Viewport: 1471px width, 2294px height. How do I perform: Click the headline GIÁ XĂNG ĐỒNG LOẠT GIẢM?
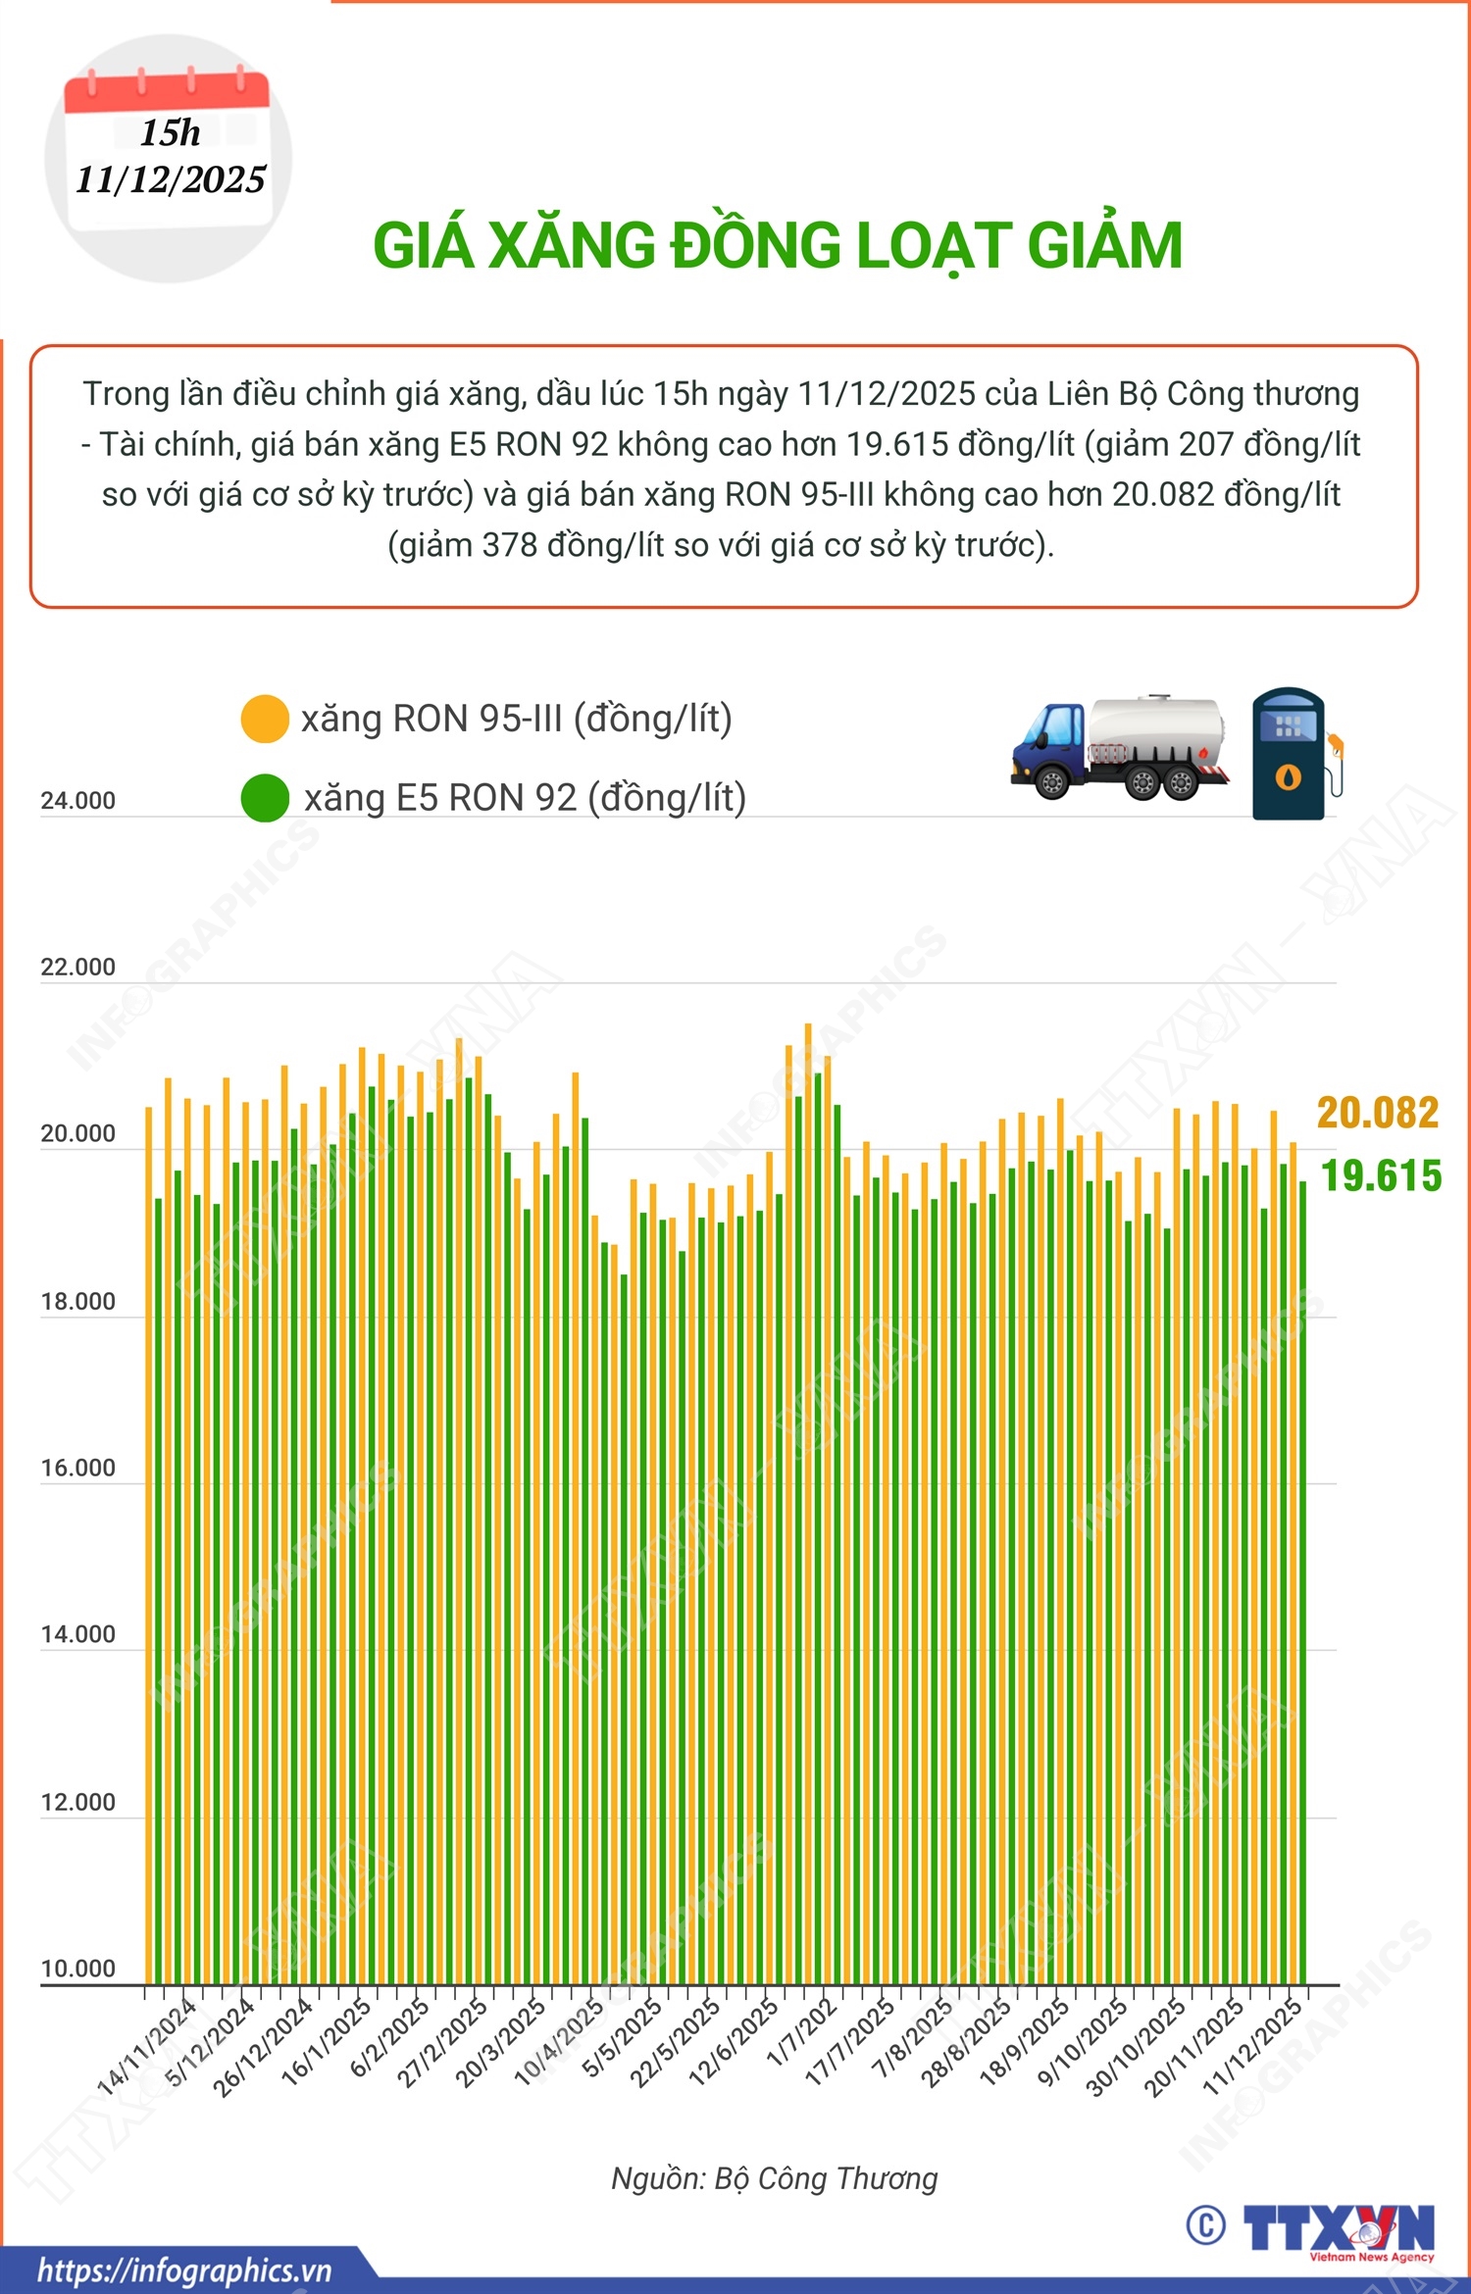click(x=778, y=245)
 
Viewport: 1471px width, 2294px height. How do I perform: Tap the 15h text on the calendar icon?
click(x=170, y=132)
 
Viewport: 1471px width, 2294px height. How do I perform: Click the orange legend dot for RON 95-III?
click(x=265, y=719)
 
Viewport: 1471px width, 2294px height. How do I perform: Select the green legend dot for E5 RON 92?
click(x=265, y=798)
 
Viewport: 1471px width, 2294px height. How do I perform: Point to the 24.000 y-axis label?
click(x=77, y=801)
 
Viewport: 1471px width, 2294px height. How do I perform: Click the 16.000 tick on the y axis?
click(x=77, y=1469)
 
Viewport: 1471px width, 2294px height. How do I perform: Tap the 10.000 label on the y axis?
click(x=77, y=1969)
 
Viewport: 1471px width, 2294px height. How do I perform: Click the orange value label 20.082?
click(x=1377, y=1113)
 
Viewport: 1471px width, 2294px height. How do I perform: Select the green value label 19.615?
click(x=1381, y=1176)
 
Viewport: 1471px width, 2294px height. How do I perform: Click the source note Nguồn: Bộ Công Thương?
click(x=775, y=2178)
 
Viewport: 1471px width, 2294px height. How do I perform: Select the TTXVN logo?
click(x=1339, y=2230)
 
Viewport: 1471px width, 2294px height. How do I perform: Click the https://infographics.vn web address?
click(x=184, y=2270)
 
